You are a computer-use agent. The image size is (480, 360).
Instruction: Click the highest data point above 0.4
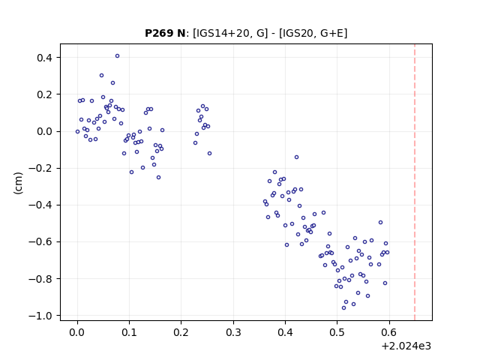point(117,56)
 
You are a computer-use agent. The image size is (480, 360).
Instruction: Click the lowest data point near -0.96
point(343,307)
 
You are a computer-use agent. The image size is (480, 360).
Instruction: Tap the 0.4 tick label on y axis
point(45,58)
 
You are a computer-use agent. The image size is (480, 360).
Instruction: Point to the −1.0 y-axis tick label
point(41,316)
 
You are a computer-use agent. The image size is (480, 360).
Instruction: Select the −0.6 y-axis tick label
point(41,241)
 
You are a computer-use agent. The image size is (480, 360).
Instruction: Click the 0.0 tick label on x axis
point(77,332)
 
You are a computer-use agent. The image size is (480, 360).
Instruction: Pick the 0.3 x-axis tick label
point(233,332)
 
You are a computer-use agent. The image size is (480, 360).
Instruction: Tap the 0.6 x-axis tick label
point(389,332)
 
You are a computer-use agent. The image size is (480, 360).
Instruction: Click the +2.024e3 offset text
point(406,346)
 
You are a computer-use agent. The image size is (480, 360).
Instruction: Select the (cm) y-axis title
point(18,183)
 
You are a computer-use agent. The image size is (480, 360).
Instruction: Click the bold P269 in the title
point(157,33)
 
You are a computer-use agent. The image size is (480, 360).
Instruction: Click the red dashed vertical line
point(415,182)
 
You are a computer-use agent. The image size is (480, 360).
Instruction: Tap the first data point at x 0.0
point(77,132)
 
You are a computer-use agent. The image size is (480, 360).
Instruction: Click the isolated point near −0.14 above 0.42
point(296,157)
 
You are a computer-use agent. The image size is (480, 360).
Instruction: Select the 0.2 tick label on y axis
point(45,94)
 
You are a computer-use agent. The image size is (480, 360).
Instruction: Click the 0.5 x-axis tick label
point(337,332)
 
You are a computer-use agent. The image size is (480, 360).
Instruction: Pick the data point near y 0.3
point(102,75)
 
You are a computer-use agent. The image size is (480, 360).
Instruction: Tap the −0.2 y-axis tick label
point(41,168)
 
